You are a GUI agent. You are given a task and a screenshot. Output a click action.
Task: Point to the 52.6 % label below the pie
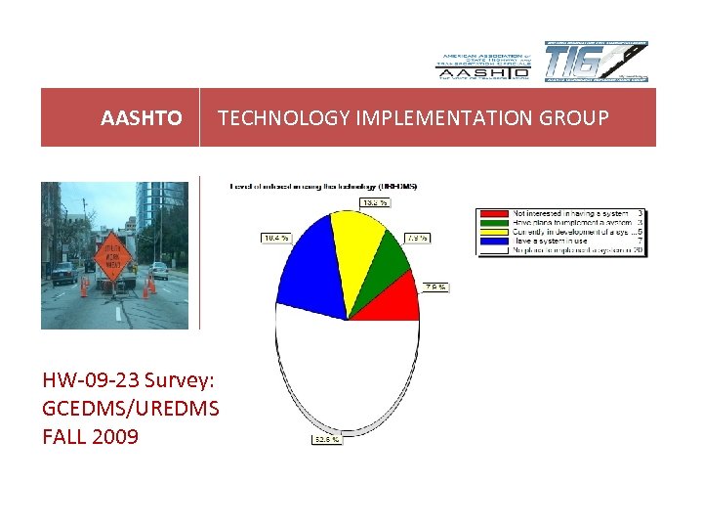[327, 439]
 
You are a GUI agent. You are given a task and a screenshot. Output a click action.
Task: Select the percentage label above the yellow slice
[374, 202]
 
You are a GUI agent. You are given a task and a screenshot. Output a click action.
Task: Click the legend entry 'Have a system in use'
[552, 242]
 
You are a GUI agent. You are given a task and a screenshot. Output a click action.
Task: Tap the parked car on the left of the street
[64, 273]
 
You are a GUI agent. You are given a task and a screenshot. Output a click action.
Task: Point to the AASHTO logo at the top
[482, 66]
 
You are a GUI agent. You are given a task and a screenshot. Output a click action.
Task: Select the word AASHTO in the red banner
[141, 118]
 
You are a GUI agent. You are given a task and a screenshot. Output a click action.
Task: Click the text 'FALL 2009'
[90, 436]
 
